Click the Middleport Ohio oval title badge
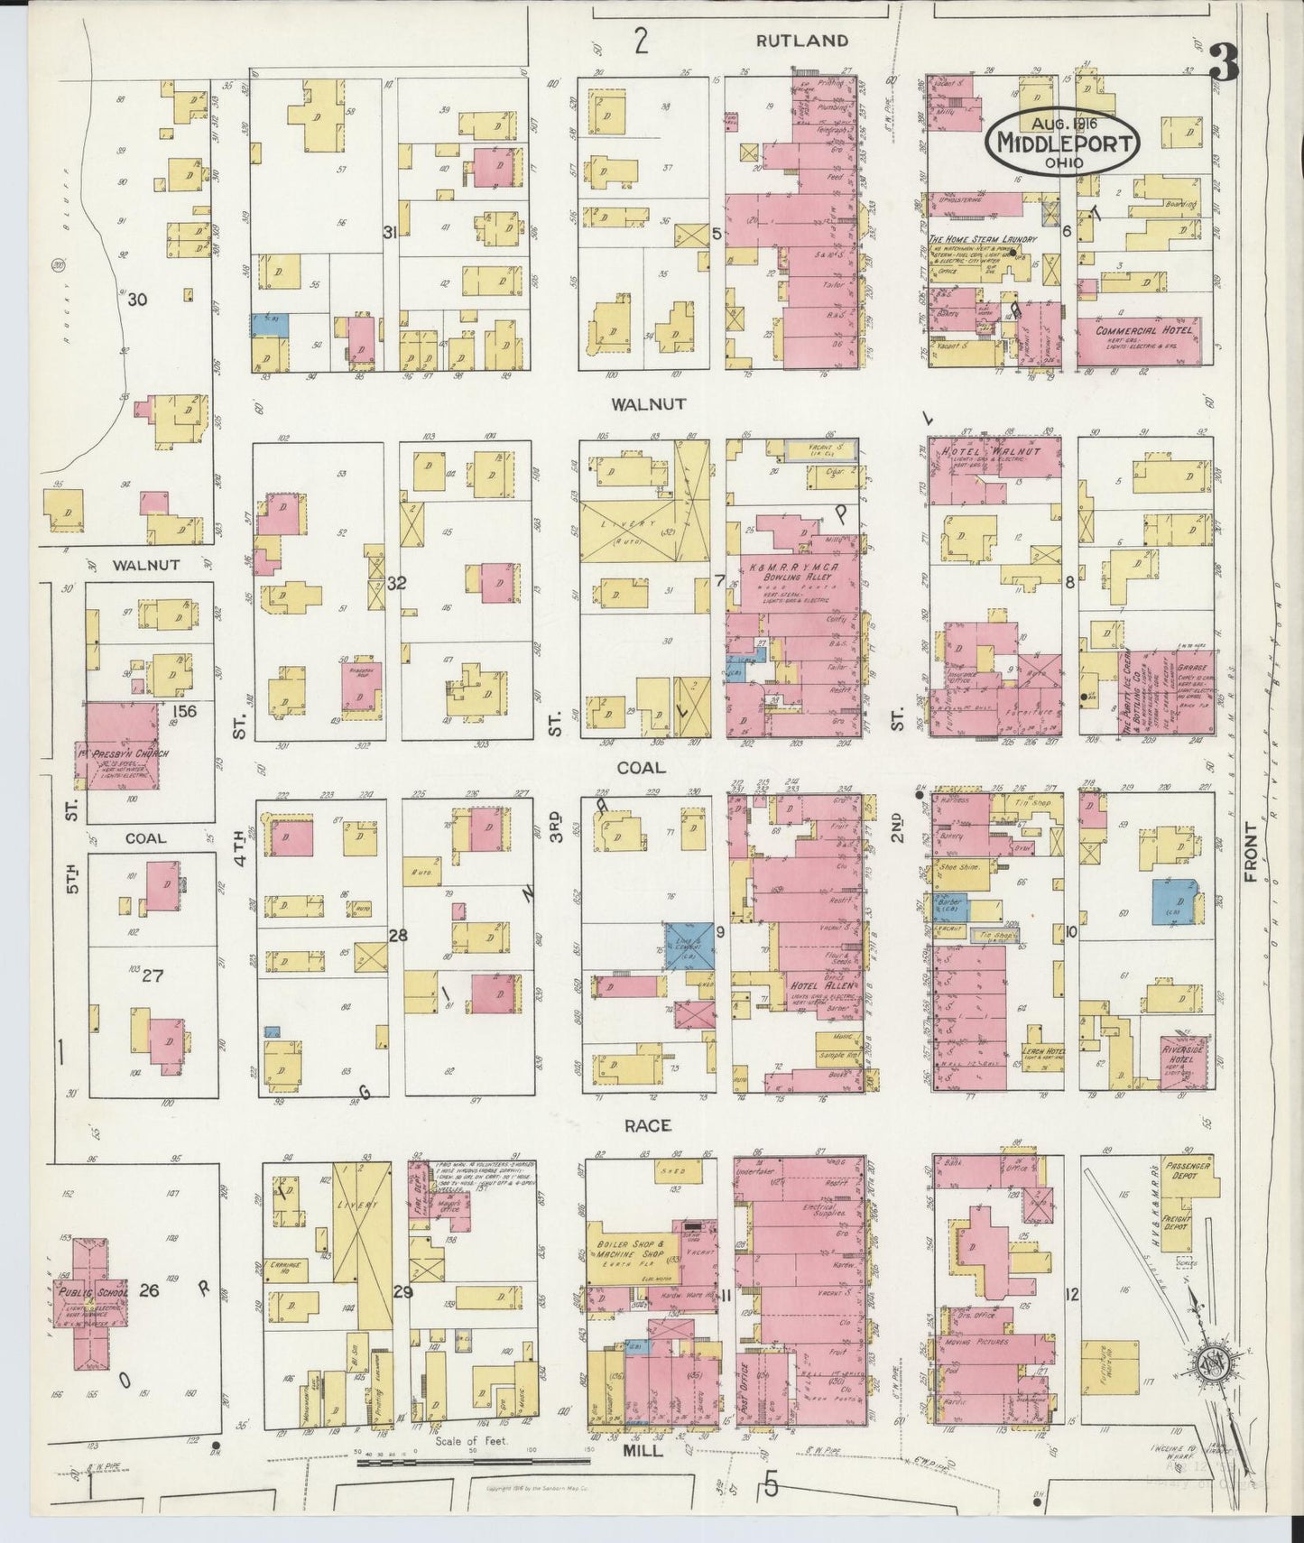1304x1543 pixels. [x=1062, y=143]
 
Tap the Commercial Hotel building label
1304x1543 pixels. [x=1143, y=330]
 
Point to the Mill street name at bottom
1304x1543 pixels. [x=643, y=1452]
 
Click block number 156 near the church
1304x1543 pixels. [x=183, y=711]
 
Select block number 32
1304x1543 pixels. [x=395, y=584]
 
